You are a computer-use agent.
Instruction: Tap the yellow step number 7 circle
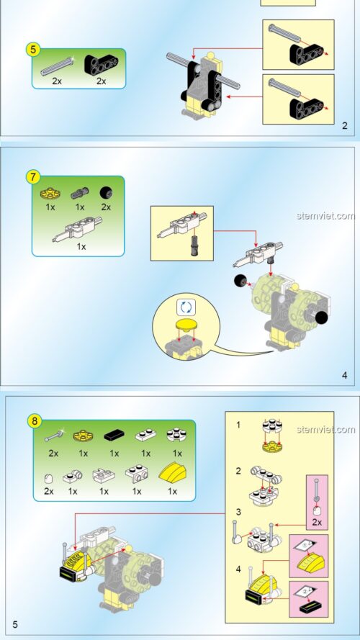pyautogui.click(x=33, y=176)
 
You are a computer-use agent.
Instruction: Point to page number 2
pyautogui.click(x=345, y=126)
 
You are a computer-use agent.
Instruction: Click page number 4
pyautogui.click(x=345, y=375)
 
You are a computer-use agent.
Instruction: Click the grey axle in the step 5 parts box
pyautogui.click(x=58, y=67)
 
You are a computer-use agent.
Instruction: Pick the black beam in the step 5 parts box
pyautogui.click(x=101, y=66)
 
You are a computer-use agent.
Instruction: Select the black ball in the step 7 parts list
pyautogui.click(x=107, y=193)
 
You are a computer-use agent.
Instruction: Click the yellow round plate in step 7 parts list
pyautogui.click(x=50, y=193)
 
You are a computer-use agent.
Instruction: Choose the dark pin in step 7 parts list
pyautogui.click(x=78, y=193)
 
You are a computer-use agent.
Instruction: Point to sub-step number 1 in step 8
pyautogui.click(x=238, y=425)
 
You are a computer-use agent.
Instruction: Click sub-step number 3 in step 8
pyautogui.click(x=238, y=512)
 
